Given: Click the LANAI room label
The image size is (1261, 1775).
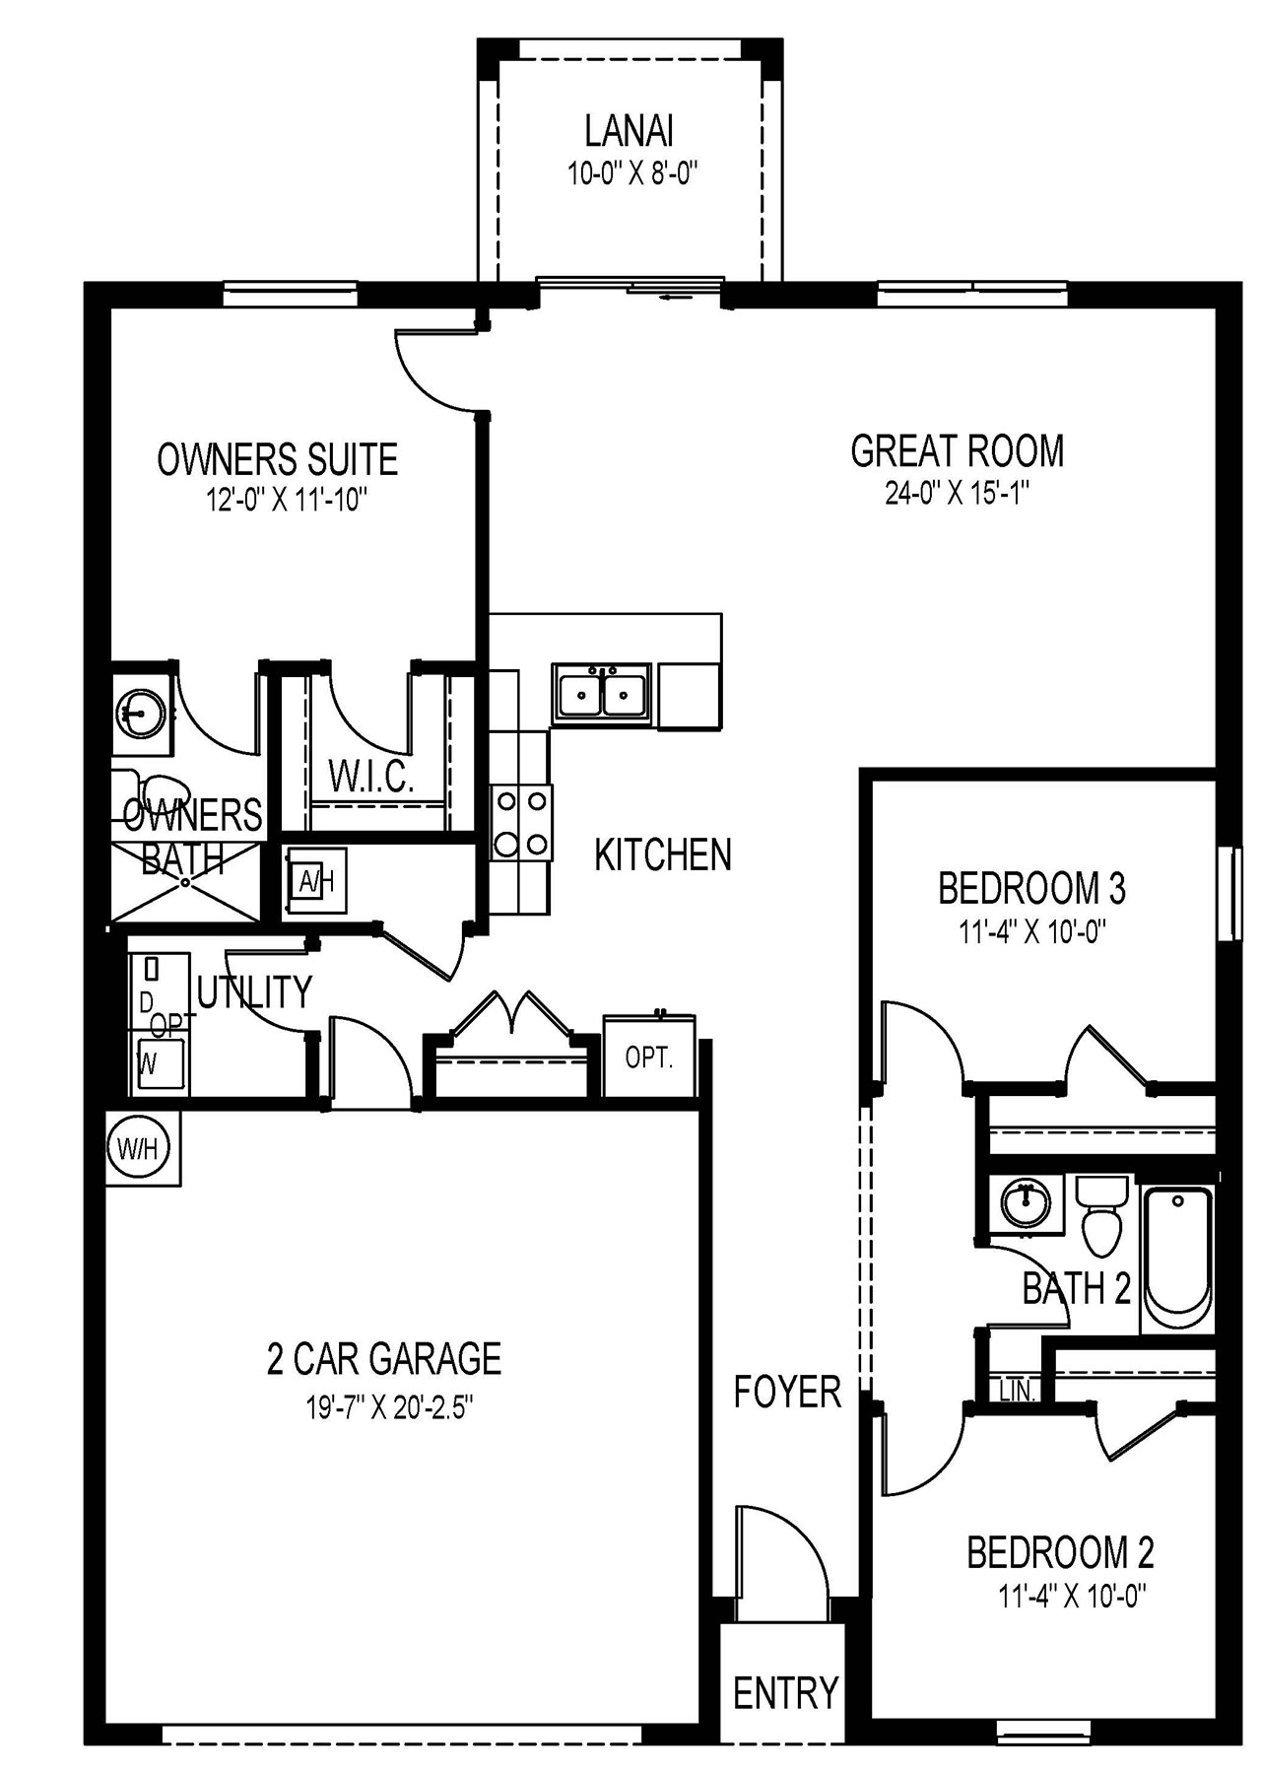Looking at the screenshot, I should (x=629, y=131).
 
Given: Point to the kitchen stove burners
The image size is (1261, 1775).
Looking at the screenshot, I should (x=521, y=822).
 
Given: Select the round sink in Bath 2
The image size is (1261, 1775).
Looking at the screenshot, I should (x=1026, y=1203).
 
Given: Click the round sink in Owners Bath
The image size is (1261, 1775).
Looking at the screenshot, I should (x=141, y=710).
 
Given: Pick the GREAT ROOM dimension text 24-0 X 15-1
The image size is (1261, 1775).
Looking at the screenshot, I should (x=957, y=493).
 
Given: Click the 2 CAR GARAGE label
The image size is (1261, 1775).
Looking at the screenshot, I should (x=384, y=1359).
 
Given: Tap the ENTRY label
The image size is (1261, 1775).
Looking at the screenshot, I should (x=785, y=1693).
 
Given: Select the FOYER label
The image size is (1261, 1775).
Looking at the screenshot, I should (x=787, y=1392).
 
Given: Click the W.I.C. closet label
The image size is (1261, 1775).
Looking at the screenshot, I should (x=371, y=778).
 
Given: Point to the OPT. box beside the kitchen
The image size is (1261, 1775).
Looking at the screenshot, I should (x=649, y=1058).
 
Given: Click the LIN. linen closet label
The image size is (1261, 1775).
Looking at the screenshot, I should (x=1017, y=1391).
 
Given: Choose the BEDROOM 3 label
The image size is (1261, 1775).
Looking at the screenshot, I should (x=1031, y=889).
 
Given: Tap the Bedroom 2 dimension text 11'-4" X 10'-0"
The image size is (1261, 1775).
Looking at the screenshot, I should (x=1073, y=1596).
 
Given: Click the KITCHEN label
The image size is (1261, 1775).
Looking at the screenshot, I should (x=663, y=854).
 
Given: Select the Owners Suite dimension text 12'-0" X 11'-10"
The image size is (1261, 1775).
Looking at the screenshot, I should (x=286, y=501).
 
